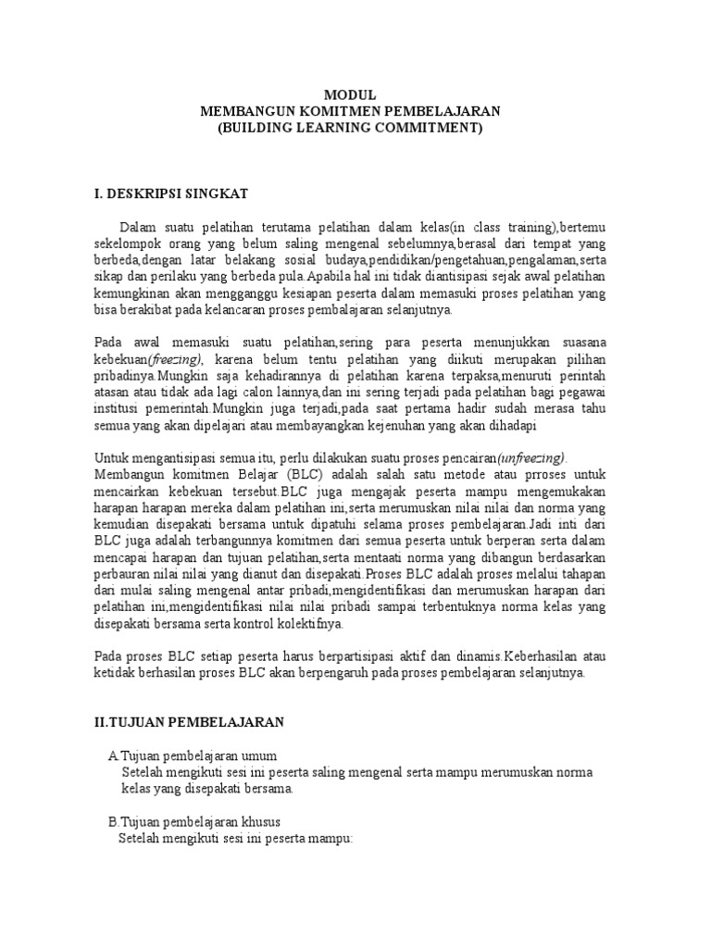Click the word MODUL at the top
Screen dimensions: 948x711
coord(350,94)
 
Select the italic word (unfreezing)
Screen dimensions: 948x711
coord(531,459)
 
